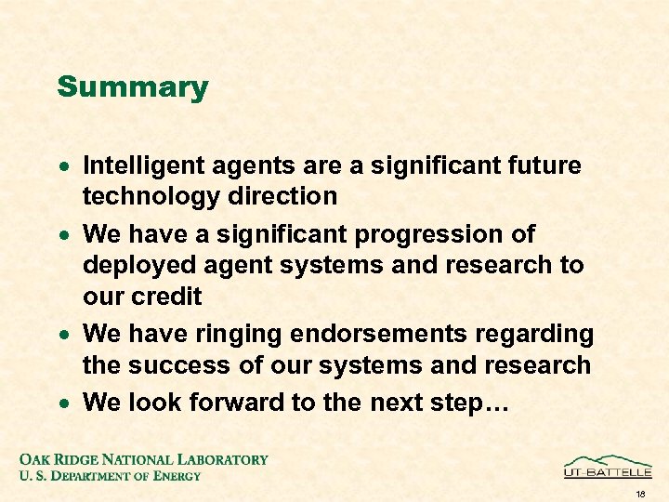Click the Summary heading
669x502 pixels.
(x=132, y=87)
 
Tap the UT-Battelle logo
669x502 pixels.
(x=608, y=466)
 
